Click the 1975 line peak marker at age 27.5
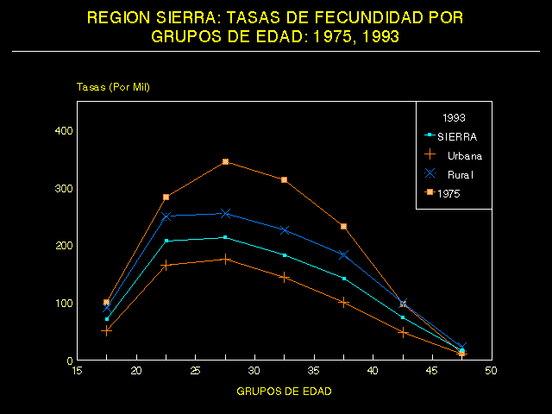click(x=225, y=162)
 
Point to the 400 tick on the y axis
click(x=65, y=130)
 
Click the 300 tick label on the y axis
click(x=65, y=188)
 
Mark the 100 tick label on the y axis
click(x=65, y=303)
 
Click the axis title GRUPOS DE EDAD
click(x=284, y=391)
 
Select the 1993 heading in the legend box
click(x=455, y=116)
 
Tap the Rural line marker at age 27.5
click(x=225, y=213)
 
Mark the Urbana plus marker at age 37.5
click(x=343, y=302)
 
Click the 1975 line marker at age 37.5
click(x=343, y=226)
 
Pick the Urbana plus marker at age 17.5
click(x=107, y=330)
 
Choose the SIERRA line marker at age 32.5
click(x=285, y=255)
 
